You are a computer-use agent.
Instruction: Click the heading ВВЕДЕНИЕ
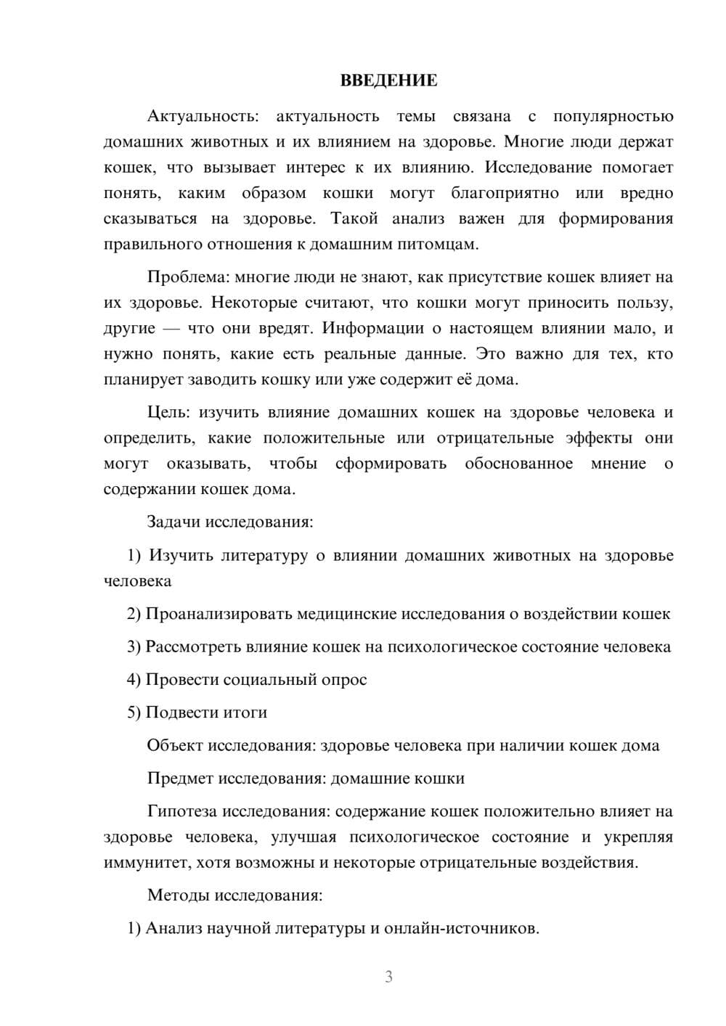coord(388,81)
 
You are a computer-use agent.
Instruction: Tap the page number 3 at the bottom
coord(388,977)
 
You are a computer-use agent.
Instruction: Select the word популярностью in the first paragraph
coord(613,117)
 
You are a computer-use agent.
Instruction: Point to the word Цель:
coord(168,413)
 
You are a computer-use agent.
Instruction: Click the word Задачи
coord(175,522)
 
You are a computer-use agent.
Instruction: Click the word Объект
coord(175,745)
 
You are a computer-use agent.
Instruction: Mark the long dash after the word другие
coord(171,329)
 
